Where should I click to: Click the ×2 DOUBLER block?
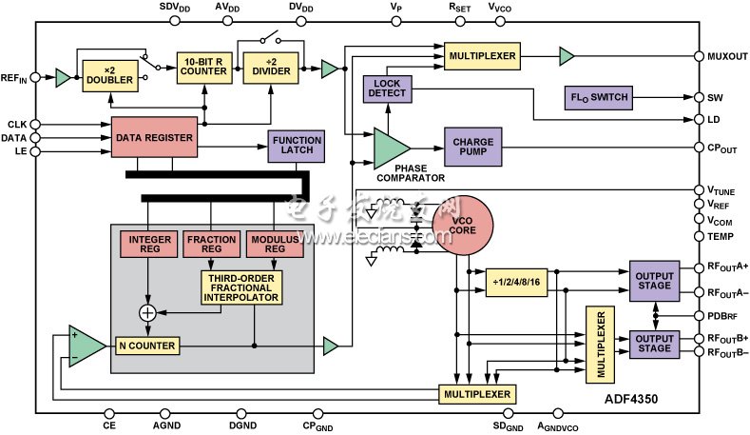coord(108,76)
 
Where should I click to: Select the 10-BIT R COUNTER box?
coord(202,69)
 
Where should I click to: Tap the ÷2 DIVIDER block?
coord(268,69)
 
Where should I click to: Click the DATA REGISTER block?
coord(154,138)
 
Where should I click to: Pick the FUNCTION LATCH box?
coord(298,146)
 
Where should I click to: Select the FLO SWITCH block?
coord(601,97)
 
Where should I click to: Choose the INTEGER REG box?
coord(146,244)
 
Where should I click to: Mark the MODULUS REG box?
coord(273,244)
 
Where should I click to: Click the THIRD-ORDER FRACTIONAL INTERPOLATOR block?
coord(240,287)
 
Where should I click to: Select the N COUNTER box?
coord(146,346)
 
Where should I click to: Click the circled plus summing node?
coord(147,312)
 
